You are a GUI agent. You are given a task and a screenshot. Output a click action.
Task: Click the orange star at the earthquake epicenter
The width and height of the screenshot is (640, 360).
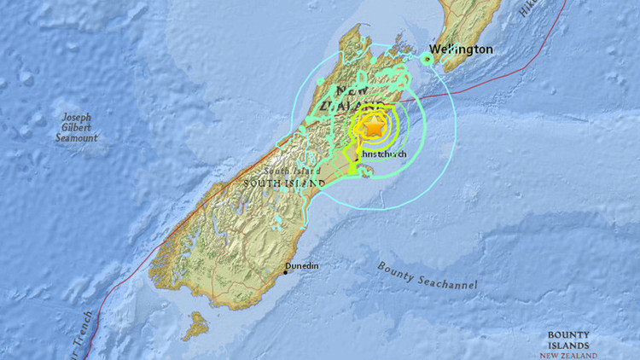[373, 127]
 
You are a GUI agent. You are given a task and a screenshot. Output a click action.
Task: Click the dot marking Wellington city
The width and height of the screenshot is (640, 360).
[428, 58]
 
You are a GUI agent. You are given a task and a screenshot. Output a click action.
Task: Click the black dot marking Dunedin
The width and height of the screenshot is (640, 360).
[287, 272]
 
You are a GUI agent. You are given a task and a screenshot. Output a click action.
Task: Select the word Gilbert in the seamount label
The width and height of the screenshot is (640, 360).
[78, 128]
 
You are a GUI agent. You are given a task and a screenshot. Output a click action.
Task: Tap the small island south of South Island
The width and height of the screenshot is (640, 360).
[198, 325]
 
